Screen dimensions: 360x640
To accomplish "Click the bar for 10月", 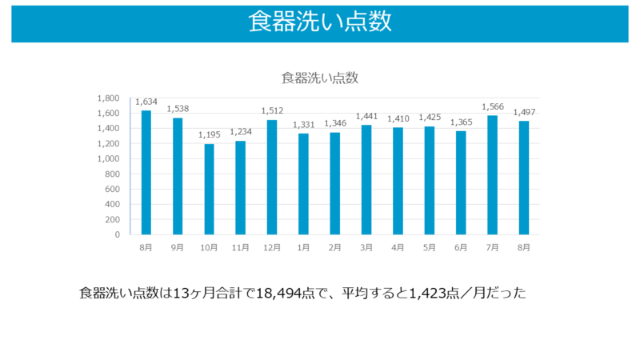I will click(x=209, y=190).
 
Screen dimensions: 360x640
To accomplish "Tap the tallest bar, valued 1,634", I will click(x=146, y=173).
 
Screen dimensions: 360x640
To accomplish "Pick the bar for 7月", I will click(x=492, y=175).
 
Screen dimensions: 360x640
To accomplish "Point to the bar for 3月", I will click(x=366, y=180).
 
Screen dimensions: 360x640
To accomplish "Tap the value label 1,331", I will click(x=303, y=125).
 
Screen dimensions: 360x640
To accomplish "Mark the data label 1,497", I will click(x=524, y=112).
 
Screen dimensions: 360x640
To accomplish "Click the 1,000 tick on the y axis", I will click(x=109, y=158).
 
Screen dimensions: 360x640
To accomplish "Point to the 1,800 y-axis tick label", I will click(x=109, y=98).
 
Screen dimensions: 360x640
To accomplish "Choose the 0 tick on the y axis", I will click(x=116, y=235).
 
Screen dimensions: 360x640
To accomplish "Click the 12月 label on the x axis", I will click(x=272, y=248).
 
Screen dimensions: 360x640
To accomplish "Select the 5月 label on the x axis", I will click(x=430, y=248).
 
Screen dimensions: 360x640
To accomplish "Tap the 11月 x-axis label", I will click(x=240, y=248).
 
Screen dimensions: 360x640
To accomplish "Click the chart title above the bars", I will click(x=319, y=78).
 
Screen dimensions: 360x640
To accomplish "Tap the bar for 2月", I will click(x=335, y=183).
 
